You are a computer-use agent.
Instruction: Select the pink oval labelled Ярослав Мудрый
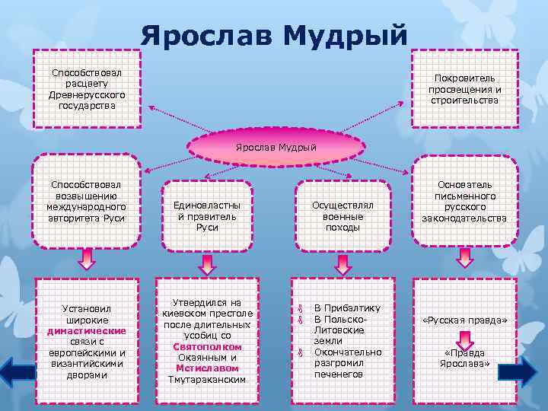click(x=275, y=145)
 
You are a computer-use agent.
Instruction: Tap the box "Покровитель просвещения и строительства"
click(x=464, y=89)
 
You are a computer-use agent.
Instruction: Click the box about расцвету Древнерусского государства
click(x=87, y=88)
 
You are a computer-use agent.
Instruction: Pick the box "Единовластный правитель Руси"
click(x=206, y=215)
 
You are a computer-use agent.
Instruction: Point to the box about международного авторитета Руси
click(x=85, y=202)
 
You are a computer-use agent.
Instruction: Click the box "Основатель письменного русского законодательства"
click(x=464, y=202)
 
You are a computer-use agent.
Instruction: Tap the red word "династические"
click(x=86, y=331)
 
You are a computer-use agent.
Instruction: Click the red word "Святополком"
click(x=206, y=346)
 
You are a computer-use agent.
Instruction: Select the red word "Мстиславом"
click(x=206, y=368)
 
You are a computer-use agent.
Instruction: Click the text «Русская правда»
click(x=464, y=320)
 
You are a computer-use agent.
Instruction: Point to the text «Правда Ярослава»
click(x=464, y=358)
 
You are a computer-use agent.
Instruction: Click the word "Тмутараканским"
click(x=206, y=379)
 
